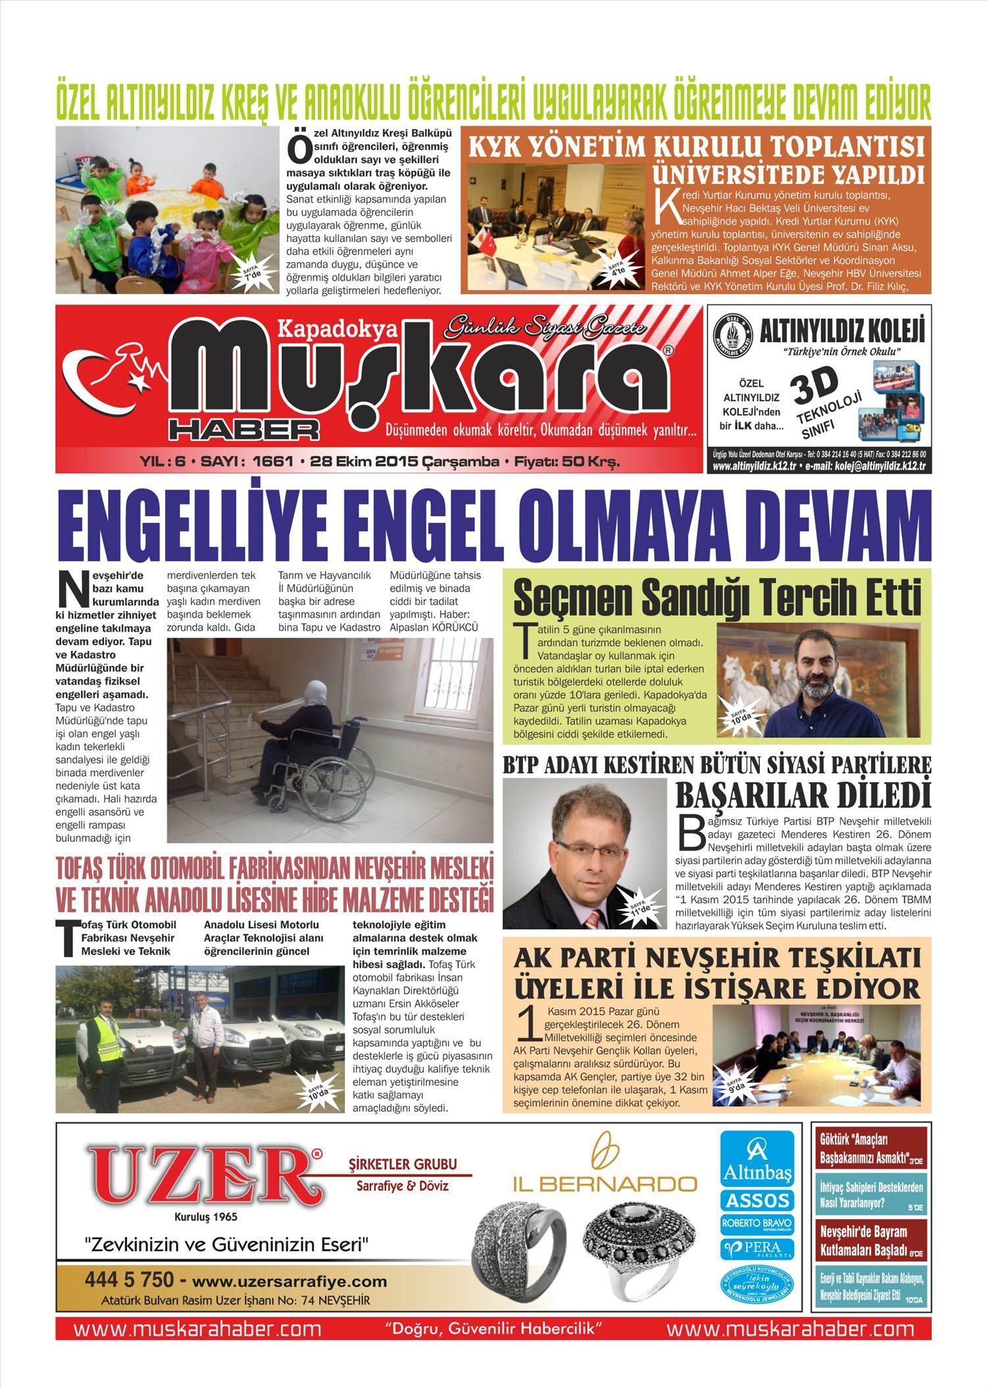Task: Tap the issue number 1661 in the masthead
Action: (272, 462)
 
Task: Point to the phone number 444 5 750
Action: (129, 1280)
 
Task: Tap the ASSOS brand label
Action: (757, 1201)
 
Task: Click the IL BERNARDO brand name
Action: (605, 1185)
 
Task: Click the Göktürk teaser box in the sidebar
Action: (871, 1149)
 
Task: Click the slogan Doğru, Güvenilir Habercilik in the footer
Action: (493, 1326)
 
